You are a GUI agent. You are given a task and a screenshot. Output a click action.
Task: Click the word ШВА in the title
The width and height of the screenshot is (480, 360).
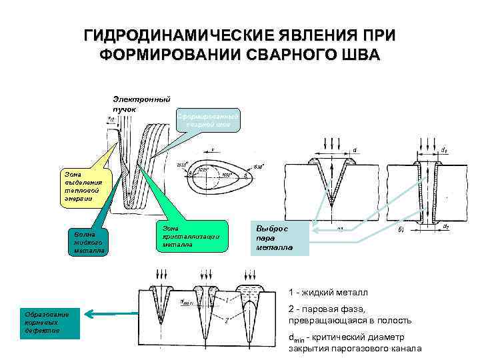point(357,54)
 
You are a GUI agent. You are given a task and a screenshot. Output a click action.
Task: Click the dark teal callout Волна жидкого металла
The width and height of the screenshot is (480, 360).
point(85,243)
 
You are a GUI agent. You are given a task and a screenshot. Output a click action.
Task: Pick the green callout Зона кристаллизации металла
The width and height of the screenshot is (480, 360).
point(191,236)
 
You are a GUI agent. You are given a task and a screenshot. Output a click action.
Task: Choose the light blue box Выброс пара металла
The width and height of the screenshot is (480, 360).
point(279,238)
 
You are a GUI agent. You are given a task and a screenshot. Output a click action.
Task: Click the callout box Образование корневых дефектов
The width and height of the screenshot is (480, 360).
point(51,323)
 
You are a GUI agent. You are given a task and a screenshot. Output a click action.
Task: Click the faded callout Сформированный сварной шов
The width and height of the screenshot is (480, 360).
point(207,120)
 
